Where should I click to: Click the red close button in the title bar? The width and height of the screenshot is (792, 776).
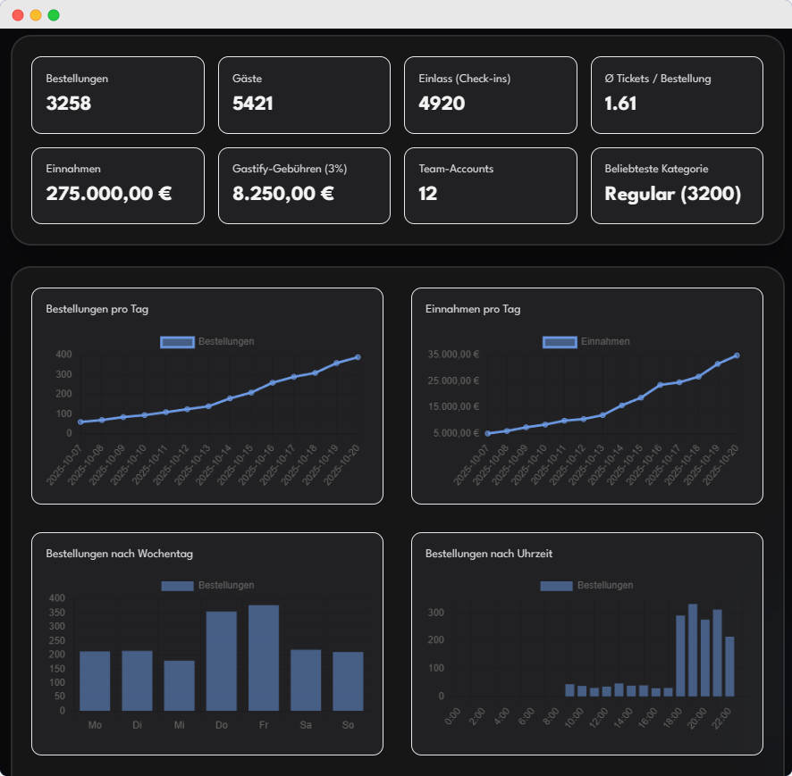click(x=18, y=15)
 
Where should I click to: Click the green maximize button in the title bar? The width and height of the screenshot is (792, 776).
click(x=54, y=15)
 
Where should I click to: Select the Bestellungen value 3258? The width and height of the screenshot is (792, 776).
click(x=69, y=104)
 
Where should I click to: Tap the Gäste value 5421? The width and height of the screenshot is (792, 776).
click(x=253, y=104)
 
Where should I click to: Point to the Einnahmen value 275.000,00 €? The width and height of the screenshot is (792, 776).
click(x=109, y=193)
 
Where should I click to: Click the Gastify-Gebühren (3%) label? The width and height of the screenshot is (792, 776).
click(x=290, y=169)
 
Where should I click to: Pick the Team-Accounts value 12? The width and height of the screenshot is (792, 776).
click(x=427, y=193)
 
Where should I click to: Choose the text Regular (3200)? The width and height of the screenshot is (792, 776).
click(x=672, y=193)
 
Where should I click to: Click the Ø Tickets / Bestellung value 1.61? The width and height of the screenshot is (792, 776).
click(x=620, y=104)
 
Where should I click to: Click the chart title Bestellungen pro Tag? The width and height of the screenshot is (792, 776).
click(x=97, y=309)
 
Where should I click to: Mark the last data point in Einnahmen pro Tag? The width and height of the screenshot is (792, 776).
click(x=737, y=355)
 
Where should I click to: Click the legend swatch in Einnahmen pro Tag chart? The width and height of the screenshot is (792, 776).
click(x=560, y=341)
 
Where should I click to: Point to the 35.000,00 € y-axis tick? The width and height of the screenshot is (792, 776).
click(x=454, y=355)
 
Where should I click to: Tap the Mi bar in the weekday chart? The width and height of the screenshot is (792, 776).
click(x=179, y=685)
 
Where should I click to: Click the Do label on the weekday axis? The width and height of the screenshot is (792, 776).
click(x=222, y=724)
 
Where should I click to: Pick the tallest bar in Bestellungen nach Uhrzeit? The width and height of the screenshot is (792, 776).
click(x=693, y=650)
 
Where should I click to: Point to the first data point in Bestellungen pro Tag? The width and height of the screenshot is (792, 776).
click(x=80, y=421)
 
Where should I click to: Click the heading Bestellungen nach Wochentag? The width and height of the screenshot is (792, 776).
click(x=119, y=554)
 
